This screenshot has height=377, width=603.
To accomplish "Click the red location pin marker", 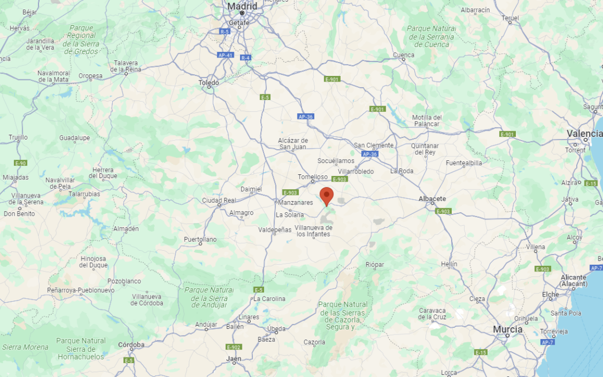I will pyautogui.click(x=327, y=196).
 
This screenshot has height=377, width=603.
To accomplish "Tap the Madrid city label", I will pyautogui.click(x=242, y=6).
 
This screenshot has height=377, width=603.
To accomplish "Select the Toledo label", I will pyautogui.click(x=209, y=83).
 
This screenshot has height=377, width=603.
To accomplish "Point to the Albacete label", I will pyautogui.click(x=432, y=198).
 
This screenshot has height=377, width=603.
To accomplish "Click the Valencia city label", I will pyautogui.click(x=585, y=133).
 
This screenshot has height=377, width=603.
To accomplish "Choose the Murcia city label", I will pyautogui.click(x=508, y=330).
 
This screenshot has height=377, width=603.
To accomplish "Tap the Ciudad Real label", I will pyautogui.click(x=219, y=200).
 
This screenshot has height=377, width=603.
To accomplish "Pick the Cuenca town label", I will pyautogui.click(x=404, y=55).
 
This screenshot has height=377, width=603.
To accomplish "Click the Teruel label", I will pyautogui.click(x=510, y=18).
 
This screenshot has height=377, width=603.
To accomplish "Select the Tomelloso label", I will pyautogui.click(x=313, y=177).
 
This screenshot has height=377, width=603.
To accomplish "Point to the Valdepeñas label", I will pyautogui.click(x=275, y=230).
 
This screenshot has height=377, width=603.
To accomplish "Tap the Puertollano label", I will pyautogui.click(x=200, y=240).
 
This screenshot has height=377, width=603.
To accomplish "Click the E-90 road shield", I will pyautogui.click(x=21, y=163).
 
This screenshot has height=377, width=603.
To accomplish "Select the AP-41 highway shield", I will pyautogui.click(x=225, y=55).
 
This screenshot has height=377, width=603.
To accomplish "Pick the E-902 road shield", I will pyautogui.click(x=233, y=347).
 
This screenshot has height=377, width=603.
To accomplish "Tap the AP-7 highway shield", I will pyautogui.click(x=547, y=342).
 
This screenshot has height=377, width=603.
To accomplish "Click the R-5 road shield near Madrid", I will pyautogui.click(x=224, y=32).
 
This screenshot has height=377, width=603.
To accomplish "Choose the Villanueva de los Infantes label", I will pyautogui.click(x=314, y=231).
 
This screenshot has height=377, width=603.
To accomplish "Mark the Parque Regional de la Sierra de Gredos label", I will pyautogui.click(x=81, y=40).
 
